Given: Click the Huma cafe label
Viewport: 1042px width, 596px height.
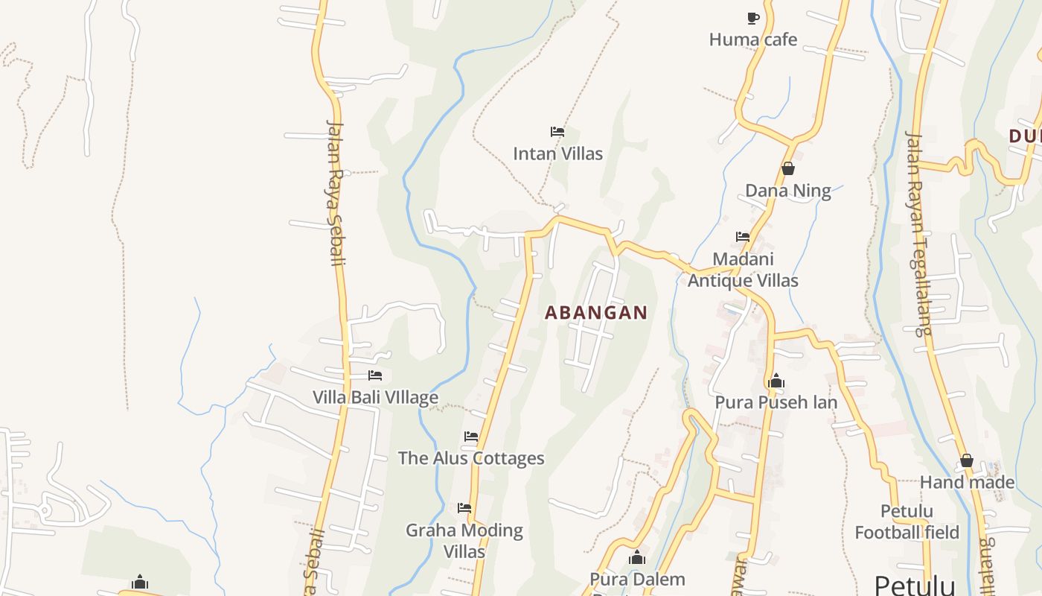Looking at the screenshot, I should click(752, 39).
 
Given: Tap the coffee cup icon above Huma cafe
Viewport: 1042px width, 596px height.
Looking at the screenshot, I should click(752, 18).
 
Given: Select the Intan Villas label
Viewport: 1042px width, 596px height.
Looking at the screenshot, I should click(557, 153).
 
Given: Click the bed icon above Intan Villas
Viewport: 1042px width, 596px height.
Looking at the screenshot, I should click(557, 132).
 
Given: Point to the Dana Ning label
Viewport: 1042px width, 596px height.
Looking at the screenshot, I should click(787, 191).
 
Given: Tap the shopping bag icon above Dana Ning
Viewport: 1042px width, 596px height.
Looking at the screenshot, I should click(787, 169).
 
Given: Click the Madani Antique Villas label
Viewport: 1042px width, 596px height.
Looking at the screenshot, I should click(743, 270).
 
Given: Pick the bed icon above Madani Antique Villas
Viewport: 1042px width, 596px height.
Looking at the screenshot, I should click(743, 237).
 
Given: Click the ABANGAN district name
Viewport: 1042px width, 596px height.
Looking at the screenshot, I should click(596, 313).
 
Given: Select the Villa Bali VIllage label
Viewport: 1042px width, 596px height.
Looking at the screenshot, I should click(375, 397).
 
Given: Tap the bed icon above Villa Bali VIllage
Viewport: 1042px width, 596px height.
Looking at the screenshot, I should click(375, 375).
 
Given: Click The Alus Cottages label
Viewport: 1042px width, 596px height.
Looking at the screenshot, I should click(471, 458).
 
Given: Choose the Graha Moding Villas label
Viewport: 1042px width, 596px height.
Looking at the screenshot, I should click(464, 541).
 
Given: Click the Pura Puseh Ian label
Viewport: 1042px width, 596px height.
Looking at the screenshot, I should click(776, 402).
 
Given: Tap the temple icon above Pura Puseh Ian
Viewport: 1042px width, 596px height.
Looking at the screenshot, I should click(776, 381).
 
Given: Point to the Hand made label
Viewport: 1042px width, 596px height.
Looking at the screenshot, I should click(967, 482).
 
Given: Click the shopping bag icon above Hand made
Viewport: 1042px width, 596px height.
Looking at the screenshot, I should click(967, 461).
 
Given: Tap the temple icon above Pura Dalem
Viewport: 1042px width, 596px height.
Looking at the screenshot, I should click(636, 557).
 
